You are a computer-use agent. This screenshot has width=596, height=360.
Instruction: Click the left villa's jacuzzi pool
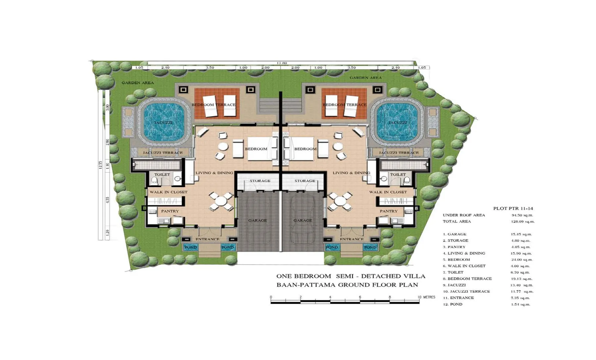pos(163,123)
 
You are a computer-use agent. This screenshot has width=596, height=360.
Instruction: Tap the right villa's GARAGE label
pos(303,221)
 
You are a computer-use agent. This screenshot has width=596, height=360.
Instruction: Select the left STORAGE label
pos(260,181)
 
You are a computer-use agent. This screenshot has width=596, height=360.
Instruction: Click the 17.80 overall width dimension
pos(282,63)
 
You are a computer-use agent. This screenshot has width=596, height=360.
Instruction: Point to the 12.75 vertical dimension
pos(100,165)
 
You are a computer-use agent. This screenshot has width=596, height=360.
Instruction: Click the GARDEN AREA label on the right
pos(366,78)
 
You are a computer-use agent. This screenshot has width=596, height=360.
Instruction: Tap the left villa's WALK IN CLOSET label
pos(168,192)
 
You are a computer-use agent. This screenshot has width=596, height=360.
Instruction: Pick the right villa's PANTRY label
pos(388,211)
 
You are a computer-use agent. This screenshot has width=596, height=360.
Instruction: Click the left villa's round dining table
pos(221,201)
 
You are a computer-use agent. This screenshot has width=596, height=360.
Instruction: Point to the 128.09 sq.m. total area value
pos(522,222)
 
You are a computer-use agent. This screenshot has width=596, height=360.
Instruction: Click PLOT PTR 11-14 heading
pos(513,209)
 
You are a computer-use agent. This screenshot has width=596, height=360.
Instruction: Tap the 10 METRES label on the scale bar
pos(426,297)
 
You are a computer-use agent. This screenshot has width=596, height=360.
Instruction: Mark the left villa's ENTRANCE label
pos(207,239)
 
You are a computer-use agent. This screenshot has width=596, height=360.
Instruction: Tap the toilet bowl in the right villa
pos(407,180)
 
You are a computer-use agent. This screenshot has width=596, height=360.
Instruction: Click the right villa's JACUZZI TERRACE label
pos(399,153)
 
